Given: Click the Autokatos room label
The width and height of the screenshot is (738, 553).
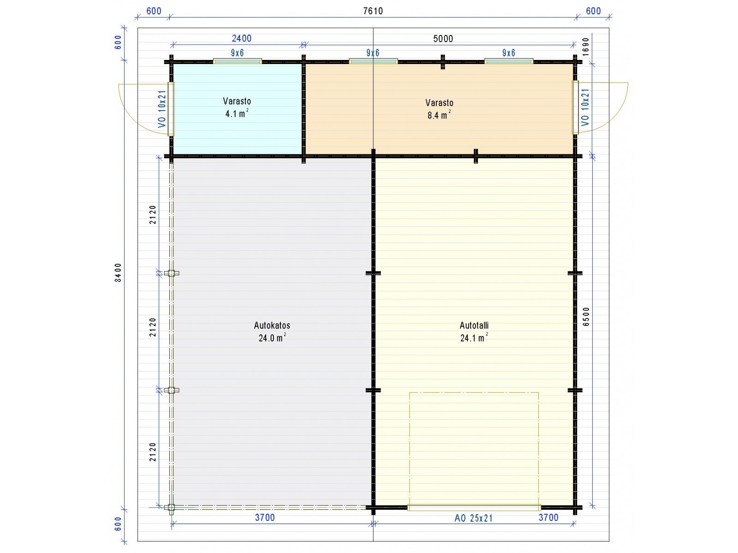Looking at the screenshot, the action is (x=272, y=325).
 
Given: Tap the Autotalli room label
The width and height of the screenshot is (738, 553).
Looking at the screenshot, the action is (x=474, y=325).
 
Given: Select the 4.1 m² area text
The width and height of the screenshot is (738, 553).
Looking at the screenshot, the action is (x=237, y=113).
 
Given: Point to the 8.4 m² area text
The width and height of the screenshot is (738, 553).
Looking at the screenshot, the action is (x=439, y=115).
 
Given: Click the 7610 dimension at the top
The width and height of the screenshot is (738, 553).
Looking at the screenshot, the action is (x=373, y=11).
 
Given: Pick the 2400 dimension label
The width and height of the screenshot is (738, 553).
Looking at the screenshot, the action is (x=241, y=38).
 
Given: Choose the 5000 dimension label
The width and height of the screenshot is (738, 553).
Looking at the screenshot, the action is (x=443, y=39).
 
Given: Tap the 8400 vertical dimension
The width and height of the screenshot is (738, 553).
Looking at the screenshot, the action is (x=118, y=272).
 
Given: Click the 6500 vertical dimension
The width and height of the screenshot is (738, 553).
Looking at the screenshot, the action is (x=586, y=317).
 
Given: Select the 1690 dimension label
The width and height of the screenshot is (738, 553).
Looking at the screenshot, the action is (x=586, y=47).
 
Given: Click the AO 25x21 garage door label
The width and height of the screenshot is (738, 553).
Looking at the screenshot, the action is (x=473, y=518).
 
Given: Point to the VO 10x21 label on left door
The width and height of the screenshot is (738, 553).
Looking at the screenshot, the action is (x=162, y=109).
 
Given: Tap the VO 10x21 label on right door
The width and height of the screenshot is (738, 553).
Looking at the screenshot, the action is (x=585, y=107).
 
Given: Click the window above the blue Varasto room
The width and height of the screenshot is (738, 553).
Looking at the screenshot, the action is (x=238, y=61).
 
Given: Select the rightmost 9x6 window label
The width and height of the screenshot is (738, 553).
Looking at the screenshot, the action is (x=509, y=53).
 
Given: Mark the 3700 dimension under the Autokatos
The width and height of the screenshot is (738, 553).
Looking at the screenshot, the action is (x=265, y=518).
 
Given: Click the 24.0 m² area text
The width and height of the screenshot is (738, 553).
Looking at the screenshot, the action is (x=272, y=337).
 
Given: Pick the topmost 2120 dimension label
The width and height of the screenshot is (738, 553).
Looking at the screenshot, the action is (x=153, y=215).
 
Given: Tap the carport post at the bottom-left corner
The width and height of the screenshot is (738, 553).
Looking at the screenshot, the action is (x=171, y=508).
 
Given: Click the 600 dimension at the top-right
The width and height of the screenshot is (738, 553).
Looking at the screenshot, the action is (x=593, y=11).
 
